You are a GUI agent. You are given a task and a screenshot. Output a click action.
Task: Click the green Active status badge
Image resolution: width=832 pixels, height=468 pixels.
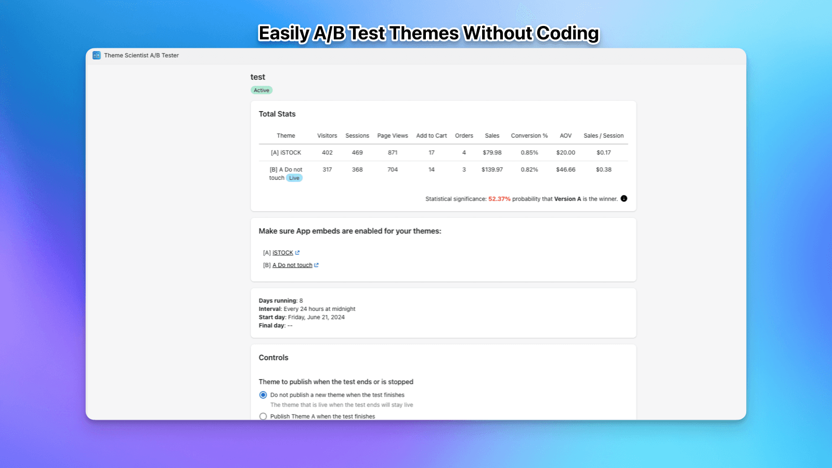pos(262,90)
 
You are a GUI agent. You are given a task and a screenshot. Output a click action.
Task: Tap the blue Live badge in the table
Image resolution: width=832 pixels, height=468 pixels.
pos(294,178)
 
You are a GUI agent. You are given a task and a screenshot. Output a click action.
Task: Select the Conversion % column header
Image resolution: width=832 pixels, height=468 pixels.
pos(529,136)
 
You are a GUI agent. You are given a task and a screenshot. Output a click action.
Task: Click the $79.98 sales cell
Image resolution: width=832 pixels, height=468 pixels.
pos(492,153)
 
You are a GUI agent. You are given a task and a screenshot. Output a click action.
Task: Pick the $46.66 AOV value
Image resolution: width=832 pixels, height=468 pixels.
pos(565,170)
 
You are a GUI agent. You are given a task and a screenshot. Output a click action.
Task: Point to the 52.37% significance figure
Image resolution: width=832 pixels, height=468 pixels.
pos(499,199)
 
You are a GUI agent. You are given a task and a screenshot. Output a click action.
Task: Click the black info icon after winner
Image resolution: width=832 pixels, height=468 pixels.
pos(624,199)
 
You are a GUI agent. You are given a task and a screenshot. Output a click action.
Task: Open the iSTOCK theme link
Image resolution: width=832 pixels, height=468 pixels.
pos(283,253)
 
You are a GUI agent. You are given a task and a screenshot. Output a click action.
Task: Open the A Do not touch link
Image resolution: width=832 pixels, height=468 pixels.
pos(292,265)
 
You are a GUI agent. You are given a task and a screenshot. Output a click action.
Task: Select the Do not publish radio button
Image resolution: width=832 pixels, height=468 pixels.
pos(263,395)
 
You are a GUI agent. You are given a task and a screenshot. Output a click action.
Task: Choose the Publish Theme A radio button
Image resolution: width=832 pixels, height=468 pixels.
pos(263,417)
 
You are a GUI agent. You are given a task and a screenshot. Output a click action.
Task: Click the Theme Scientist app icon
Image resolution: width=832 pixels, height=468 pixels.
pos(97,55)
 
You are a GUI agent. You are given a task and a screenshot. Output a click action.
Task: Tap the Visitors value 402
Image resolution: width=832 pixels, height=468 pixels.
pos(327,153)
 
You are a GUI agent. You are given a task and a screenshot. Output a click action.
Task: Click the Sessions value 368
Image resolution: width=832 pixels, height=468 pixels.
pos(357,170)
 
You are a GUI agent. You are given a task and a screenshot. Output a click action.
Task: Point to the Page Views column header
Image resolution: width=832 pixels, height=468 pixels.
pos(393,136)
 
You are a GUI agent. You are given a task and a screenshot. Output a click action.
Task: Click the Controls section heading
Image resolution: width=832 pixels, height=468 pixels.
pos(274,358)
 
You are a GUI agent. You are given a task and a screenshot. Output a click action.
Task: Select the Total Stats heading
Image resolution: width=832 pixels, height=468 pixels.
pos(277,114)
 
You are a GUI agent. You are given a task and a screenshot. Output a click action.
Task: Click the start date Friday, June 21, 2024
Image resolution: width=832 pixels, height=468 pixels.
pos(316,317)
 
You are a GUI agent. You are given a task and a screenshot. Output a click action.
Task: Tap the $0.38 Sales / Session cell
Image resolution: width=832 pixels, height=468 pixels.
pos(603,170)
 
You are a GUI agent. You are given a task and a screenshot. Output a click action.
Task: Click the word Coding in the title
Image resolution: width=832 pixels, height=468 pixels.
pos(567,33)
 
